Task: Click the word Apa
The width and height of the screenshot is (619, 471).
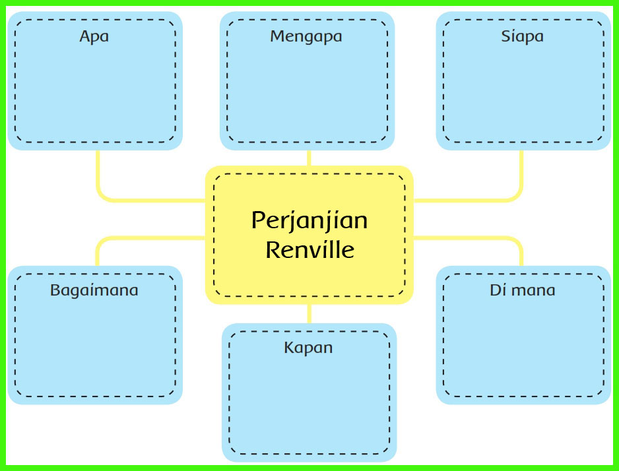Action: pyautogui.click(x=94, y=36)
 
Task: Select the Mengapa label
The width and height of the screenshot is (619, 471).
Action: pyautogui.click(x=306, y=36)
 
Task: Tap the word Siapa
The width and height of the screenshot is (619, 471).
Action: pyautogui.click(x=522, y=36)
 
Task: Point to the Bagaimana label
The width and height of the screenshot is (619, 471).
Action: pyautogui.click(x=94, y=290)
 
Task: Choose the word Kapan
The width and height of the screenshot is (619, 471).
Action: pyautogui.click(x=308, y=348)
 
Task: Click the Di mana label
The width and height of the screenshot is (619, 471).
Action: pyautogui.click(x=522, y=290)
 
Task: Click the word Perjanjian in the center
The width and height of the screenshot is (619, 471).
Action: pyautogui.click(x=309, y=220)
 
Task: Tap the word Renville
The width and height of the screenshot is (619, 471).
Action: pyautogui.click(x=309, y=250)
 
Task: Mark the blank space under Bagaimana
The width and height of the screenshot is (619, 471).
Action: pyautogui.click(x=94, y=346)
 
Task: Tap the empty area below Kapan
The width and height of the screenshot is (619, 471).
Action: pyautogui.click(x=309, y=402)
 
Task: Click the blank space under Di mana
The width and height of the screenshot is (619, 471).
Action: pyautogui.click(x=523, y=346)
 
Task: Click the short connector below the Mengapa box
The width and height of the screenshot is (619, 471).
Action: pyautogui.click(x=309, y=158)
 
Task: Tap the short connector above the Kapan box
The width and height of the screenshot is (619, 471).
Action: pyautogui.click(x=309, y=314)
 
